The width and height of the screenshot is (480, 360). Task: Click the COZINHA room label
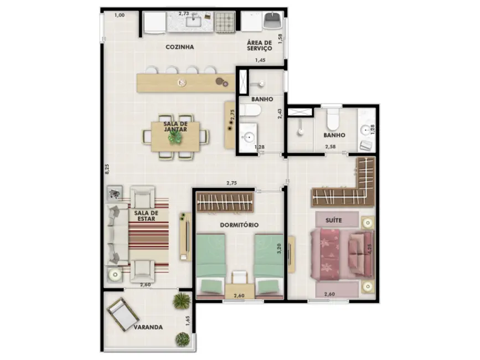179,47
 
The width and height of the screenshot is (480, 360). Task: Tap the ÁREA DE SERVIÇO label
259,45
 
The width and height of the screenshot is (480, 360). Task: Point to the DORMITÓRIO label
240,225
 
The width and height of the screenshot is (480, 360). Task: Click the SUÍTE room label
333,220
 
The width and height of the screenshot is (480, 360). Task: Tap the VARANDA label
148,327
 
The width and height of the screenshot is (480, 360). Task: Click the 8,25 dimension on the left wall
107,169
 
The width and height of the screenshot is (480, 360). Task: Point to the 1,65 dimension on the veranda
188,321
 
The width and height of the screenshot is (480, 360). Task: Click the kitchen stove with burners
225,23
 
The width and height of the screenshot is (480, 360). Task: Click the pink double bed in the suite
339,254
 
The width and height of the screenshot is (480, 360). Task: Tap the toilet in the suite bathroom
333,119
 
